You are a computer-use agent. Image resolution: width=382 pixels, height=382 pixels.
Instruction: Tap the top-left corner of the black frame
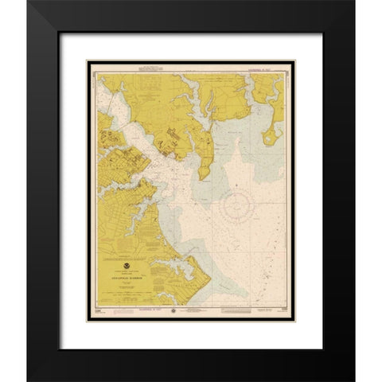coord(29,2)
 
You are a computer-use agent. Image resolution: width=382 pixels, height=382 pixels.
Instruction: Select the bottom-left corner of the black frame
coord(29,380)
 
